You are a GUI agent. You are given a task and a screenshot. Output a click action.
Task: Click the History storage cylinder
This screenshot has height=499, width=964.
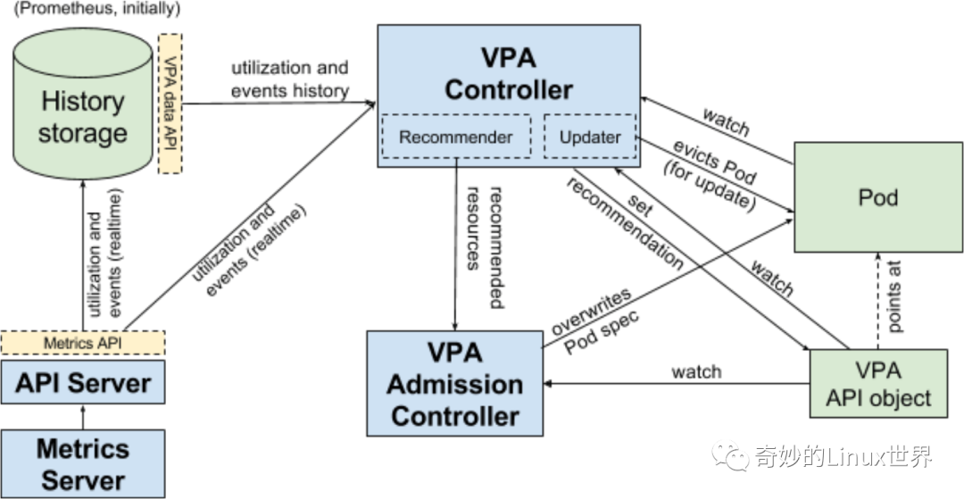click(83, 116)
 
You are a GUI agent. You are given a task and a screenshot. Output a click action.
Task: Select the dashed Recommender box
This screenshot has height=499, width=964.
click(455, 137)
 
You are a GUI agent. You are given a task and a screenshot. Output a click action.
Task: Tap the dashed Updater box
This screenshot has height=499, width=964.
click(590, 137)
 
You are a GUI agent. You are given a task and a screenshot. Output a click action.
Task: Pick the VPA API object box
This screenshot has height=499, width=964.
click(877, 384)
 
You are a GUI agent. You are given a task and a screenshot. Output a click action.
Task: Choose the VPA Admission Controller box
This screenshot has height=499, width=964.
click(455, 384)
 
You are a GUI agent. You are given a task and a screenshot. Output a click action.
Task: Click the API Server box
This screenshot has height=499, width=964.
click(83, 384)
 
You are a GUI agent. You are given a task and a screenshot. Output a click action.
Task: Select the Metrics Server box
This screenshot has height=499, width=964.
click(83, 463)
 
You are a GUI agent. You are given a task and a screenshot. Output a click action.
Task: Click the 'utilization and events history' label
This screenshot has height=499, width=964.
click(289, 79)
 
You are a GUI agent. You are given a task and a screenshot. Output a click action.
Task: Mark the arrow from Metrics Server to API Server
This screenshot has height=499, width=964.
click(83, 417)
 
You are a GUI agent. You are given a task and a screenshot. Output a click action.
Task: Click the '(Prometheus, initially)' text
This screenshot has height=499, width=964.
click(97, 10)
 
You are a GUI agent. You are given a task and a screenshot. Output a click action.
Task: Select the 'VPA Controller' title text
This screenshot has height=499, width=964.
click(508, 74)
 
